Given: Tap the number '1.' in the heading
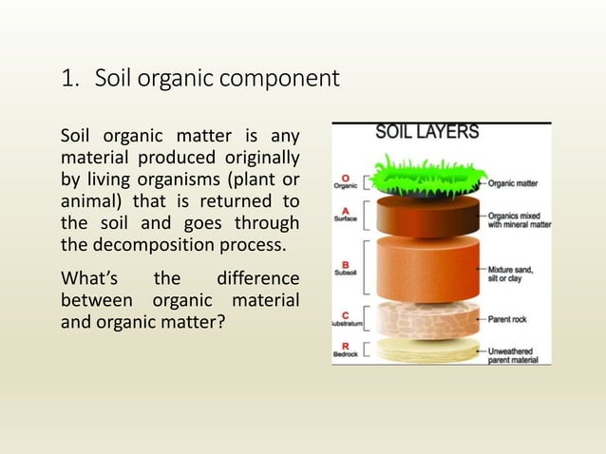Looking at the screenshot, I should [70, 79].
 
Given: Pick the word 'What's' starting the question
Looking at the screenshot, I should [88, 280].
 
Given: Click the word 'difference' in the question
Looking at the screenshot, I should [257, 280].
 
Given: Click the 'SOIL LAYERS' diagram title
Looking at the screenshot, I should [427, 133].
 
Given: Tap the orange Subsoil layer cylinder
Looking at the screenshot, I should [418, 266].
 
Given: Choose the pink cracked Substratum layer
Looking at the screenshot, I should [418, 318].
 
